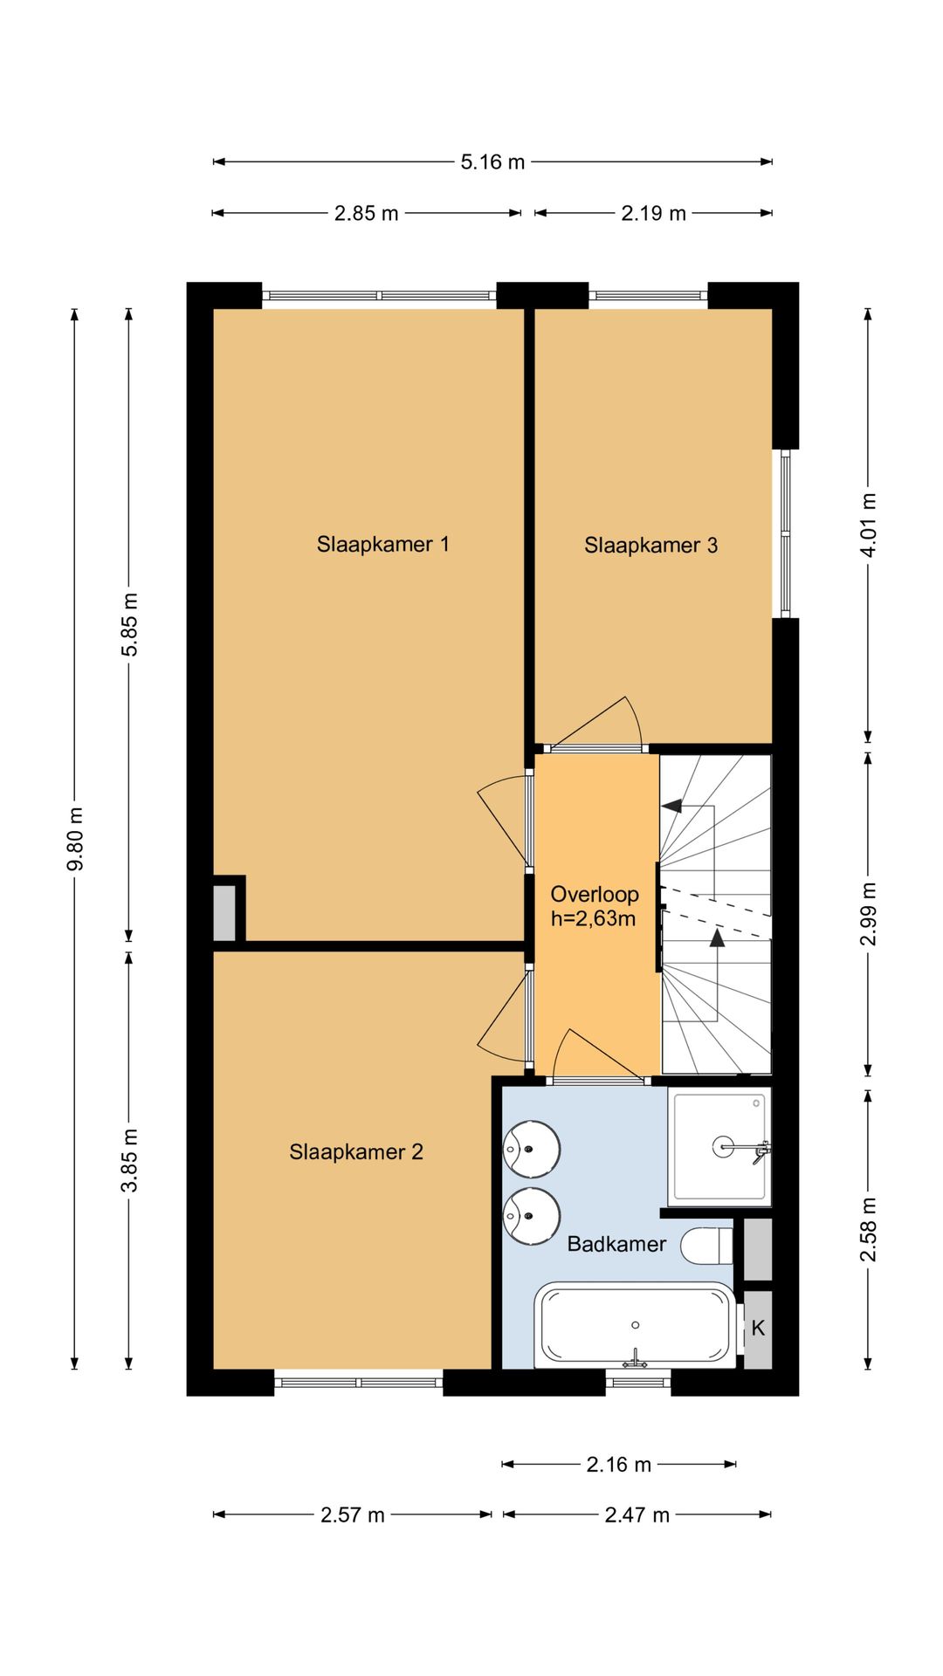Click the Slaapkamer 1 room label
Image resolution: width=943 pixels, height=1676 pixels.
pos(382,545)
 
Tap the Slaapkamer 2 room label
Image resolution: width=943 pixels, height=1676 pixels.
pos(356,1152)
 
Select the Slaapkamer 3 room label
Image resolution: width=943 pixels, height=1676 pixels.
pos(650,546)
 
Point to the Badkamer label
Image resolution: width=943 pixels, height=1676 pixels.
pos(616,1244)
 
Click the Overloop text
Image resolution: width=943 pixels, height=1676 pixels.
pos(595,894)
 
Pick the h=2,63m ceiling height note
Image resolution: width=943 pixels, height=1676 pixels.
pos(593,918)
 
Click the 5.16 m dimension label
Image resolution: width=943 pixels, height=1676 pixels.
pos(492,161)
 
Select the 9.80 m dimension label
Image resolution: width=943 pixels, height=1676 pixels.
pos(76,838)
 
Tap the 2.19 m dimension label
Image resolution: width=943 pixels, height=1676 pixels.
pos(653,213)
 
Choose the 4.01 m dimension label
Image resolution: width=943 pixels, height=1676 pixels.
pos(869,525)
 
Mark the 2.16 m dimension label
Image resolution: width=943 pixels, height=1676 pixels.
pos(618,1465)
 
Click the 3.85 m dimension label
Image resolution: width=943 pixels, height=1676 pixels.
pos(130,1160)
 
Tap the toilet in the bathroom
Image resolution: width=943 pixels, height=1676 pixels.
pos(706,1246)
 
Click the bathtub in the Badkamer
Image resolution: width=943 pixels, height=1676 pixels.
pos(636,1325)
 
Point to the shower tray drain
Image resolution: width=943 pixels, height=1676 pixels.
pos(724,1146)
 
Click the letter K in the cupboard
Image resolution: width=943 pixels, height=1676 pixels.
pos(758,1328)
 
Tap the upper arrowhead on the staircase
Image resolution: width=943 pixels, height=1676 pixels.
pos(671,805)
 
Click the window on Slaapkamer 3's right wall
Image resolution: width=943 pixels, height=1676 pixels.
pos(785,533)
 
